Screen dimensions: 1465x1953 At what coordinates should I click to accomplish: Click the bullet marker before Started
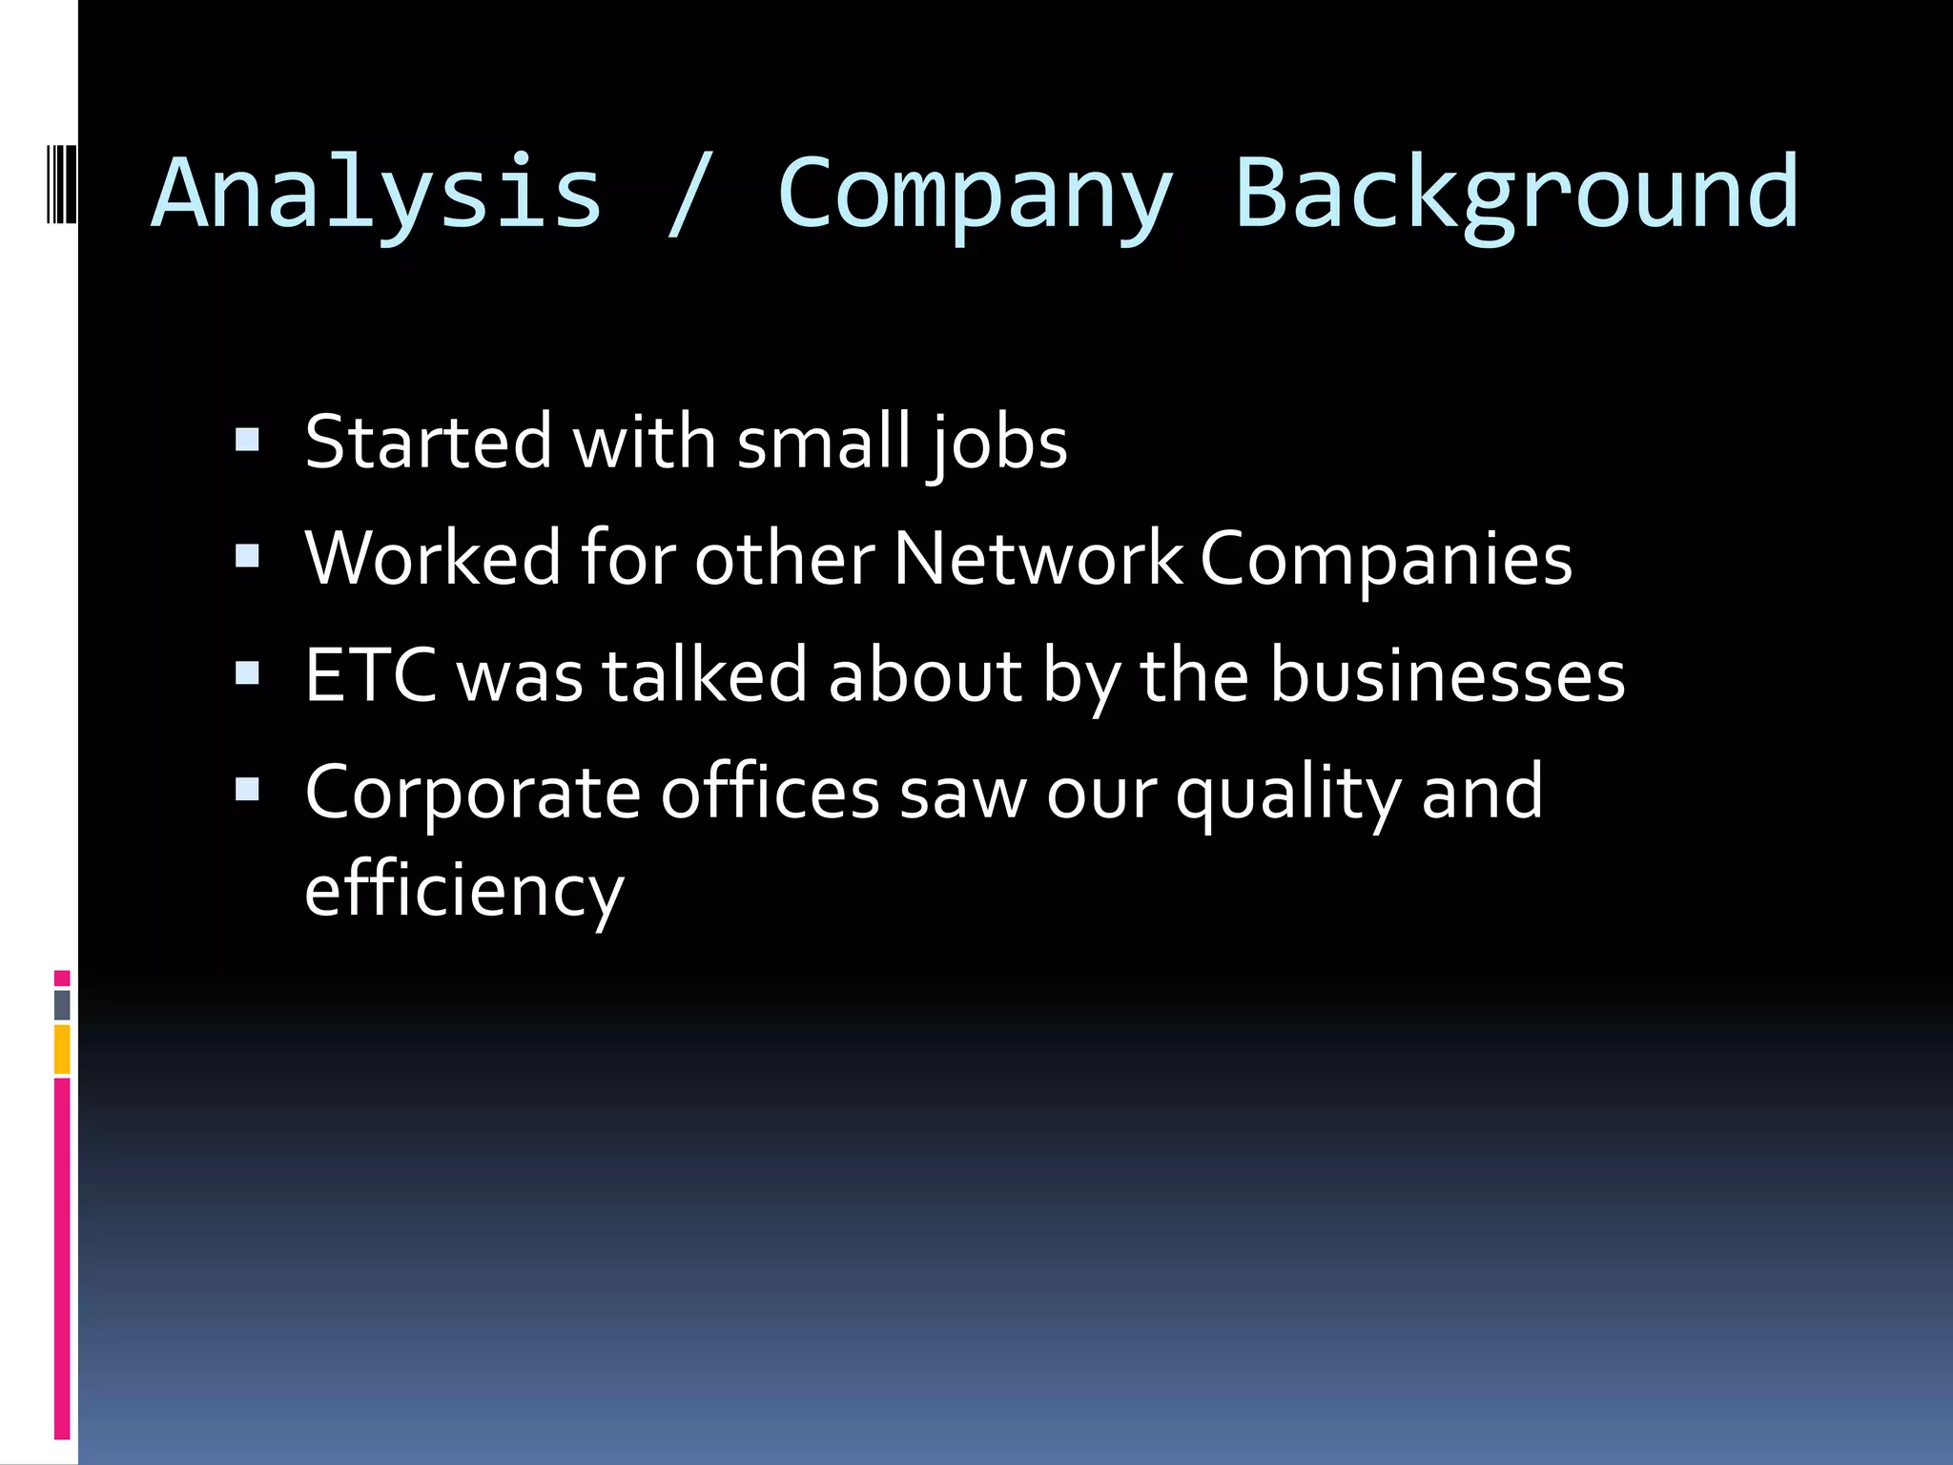coord(247,440)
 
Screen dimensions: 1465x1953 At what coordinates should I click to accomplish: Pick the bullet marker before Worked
coord(247,556)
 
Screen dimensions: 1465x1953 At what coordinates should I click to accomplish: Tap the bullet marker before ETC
coord(247,673)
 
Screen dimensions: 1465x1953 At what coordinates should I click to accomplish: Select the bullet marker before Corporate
coord(247,790)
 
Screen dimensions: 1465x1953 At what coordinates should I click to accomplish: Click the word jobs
coord(997,444)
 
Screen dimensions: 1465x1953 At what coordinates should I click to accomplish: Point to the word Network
coord(1038,559)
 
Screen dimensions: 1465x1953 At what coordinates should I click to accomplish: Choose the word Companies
coord(1386,561)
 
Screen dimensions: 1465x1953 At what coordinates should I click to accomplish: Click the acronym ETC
coord(371,675)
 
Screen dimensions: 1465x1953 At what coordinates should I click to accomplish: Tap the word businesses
coord(1448,675)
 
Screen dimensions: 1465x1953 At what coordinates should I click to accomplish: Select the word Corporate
coord(472,794)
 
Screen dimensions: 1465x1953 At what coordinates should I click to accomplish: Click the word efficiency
coord(464,891)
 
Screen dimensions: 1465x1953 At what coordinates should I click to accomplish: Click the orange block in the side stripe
coord(62,1049)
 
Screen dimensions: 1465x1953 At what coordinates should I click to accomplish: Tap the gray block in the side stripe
coord(62,1004)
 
